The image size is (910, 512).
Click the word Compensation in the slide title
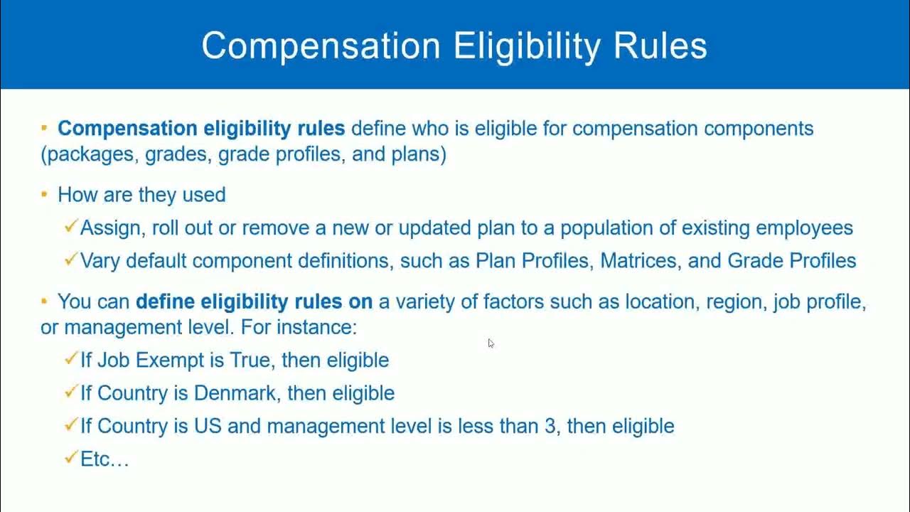point(321,46)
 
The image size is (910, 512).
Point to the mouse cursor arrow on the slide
point(491,343)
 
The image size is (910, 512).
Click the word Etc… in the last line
point(105,459)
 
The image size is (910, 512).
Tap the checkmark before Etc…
point(70,458)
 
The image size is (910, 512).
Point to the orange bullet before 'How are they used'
point(44,193)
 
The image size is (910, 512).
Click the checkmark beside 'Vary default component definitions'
point(70,260)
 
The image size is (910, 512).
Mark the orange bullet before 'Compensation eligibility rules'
point(44,128)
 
